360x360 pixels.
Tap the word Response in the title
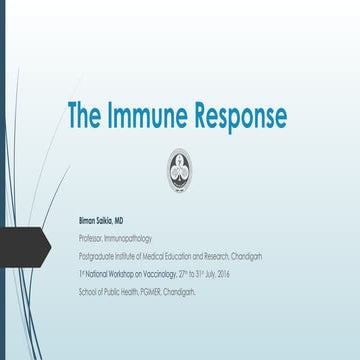point(240,116)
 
